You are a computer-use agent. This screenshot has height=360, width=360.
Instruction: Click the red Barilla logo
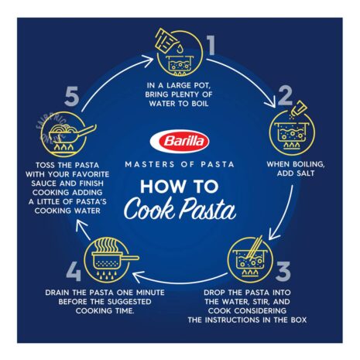click(x=180, y=142)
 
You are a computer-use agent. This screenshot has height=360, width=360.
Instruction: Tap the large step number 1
click(x=211, y=45)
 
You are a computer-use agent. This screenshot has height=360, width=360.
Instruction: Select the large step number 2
click(x=285, y=96)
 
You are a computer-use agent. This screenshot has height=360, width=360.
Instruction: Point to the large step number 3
click(x=283, y=271)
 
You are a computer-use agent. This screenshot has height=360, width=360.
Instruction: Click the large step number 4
click(x=74, y=271)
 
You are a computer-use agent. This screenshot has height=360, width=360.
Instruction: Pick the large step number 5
click(x=72, y=97)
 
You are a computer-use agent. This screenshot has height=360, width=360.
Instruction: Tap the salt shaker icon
click(x=299, y=108)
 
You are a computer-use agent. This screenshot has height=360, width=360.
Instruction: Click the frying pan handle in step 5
click(x=87, y=130)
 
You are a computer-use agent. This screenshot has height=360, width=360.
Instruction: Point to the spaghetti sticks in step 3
click(x=254, y=247)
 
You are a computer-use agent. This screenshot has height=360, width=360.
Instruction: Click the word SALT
click(x=305, y=173)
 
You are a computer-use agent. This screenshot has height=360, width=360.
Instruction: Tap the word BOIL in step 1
click(x=200, y=104)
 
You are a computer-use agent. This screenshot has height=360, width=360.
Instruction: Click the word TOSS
click(x=45, y=165)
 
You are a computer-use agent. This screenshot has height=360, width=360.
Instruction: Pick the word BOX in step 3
click(x=299, y=320)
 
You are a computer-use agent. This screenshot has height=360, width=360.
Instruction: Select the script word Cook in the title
click(x=149, y=210)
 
